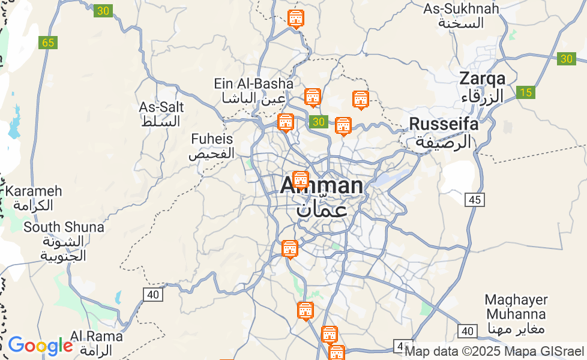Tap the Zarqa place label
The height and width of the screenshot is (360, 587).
click(x=482, y=79)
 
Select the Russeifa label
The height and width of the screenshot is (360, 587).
click(x=444, y=124)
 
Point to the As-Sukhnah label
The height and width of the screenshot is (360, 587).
click(x=461, y=9)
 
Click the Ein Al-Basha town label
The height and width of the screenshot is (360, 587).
click(x=254, y=83)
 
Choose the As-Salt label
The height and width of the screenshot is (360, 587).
click(x=161, y=107)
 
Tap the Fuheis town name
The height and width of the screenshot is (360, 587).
click(x=211, y=139)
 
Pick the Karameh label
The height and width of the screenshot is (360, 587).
click(x=34, y=191)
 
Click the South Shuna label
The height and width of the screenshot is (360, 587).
click(x=64, y=227)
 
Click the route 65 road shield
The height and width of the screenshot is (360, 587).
click(x=48, y=43)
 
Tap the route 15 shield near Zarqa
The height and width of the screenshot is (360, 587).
click(x=525, y=92)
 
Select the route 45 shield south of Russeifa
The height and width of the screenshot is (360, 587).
click(x=474, y=200)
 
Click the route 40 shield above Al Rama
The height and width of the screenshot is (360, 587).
click(x=153, y=294)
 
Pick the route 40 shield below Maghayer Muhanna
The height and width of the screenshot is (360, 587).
click(x=467, y=331)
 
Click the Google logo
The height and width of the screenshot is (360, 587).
click(x=40, y=346)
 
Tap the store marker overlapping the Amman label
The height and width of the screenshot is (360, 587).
click(x=300, y=179)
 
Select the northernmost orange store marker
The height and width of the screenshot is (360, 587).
click(x=296, y=18)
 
